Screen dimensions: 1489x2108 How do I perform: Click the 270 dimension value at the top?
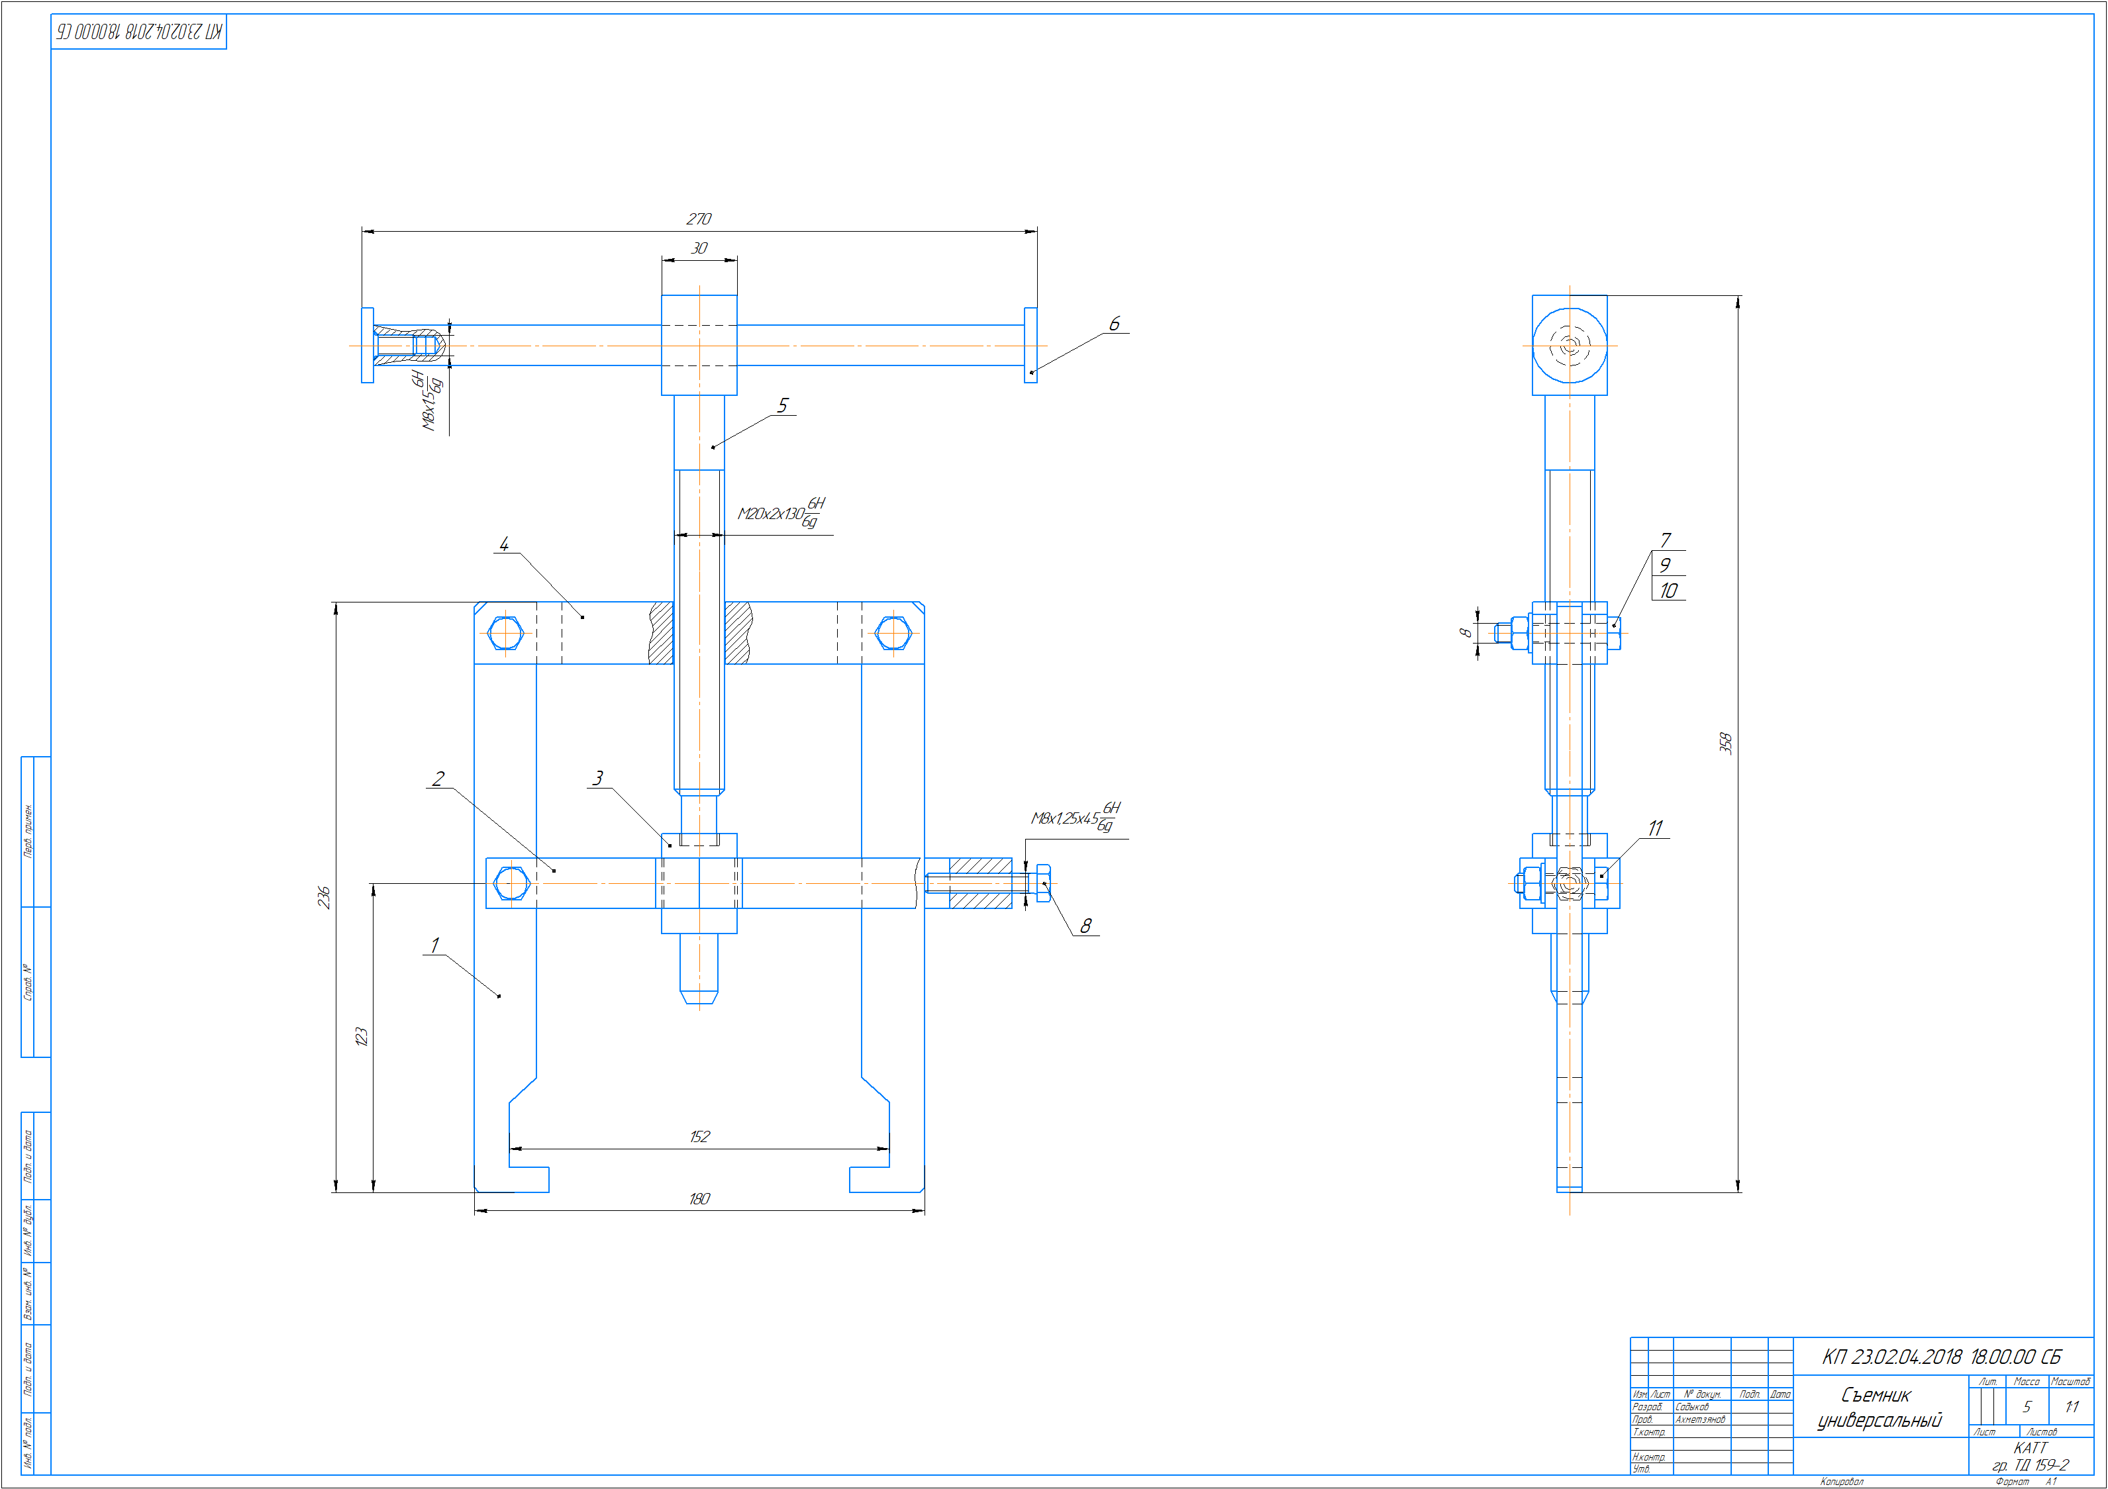click(699, 218)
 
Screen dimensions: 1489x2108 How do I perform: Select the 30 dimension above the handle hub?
click(699, 248)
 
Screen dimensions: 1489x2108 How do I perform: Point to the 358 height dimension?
click(1725, 743)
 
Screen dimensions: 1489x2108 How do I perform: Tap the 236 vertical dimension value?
click(323, 897)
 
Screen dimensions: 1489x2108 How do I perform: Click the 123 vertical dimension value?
click(361, 1036)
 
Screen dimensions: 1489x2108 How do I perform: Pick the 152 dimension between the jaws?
click(699, 1137)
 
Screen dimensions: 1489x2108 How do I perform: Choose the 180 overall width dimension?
click(699, 1199)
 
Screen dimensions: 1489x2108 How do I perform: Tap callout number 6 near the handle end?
click(1115, 324)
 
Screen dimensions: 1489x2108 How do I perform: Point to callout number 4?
click(504, 544)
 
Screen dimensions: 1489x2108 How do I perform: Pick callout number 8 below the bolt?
click(1086, 926)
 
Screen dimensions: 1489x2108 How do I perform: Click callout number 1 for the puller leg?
click(435, 945)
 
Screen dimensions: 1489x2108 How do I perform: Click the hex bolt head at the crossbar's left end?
click(505, 634)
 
